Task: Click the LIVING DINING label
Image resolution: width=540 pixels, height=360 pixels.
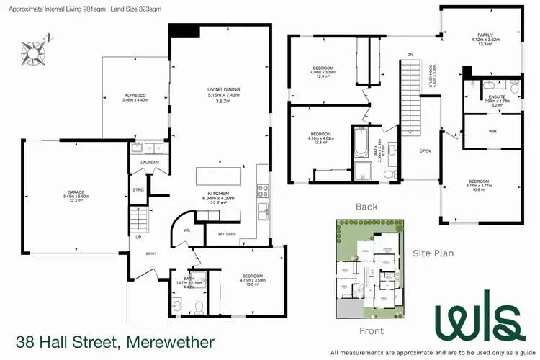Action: pos(223,89)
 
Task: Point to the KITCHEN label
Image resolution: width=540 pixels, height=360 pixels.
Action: pos(218,194)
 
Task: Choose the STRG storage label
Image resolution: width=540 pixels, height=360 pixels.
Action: pos(138,190)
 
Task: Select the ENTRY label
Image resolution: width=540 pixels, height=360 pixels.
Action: pos(152,253)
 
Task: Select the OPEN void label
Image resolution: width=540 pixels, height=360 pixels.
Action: pos(425,151)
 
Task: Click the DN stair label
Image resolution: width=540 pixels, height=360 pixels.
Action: pos(410,54)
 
